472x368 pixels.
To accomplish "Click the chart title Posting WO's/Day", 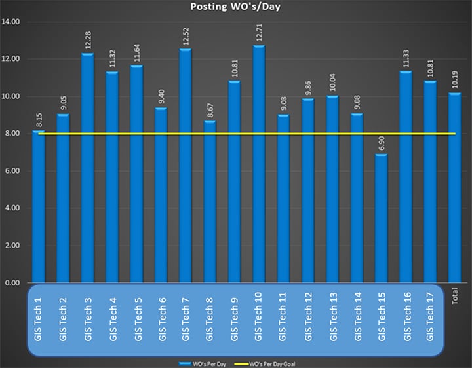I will [x=235, y=8].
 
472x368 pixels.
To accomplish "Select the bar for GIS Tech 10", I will [x=259, y=164].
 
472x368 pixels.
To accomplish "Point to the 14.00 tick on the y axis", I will [x=12, y=22].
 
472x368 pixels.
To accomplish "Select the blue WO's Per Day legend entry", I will [x=204, y=362].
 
